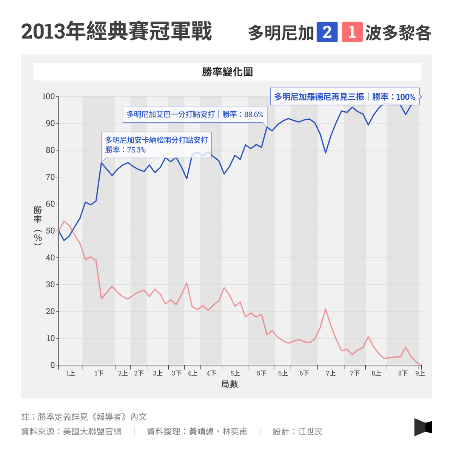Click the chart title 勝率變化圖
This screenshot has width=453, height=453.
click(227, 72)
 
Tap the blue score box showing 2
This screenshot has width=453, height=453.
click(327, 32)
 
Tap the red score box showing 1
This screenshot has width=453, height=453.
click(352, 32)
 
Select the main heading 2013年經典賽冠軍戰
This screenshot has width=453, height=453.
click(116, 32)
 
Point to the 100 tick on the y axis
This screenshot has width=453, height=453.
click(48, 97)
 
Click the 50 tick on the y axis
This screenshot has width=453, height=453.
click(50, 231)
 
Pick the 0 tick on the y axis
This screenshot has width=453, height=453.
click(52, 365)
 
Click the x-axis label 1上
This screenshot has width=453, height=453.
click(71, 373)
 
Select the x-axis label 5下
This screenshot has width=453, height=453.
click(262, 373)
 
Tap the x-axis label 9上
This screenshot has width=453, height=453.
click(420, 373)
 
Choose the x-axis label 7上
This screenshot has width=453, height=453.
click(331, 373)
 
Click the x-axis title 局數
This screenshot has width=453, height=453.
click(230, 384)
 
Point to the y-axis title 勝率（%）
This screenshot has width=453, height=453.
click(38, 226)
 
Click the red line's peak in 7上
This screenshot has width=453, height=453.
click(325, 309)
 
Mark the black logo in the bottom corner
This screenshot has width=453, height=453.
click(423, 427)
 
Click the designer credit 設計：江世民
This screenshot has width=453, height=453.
click(298, 431)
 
